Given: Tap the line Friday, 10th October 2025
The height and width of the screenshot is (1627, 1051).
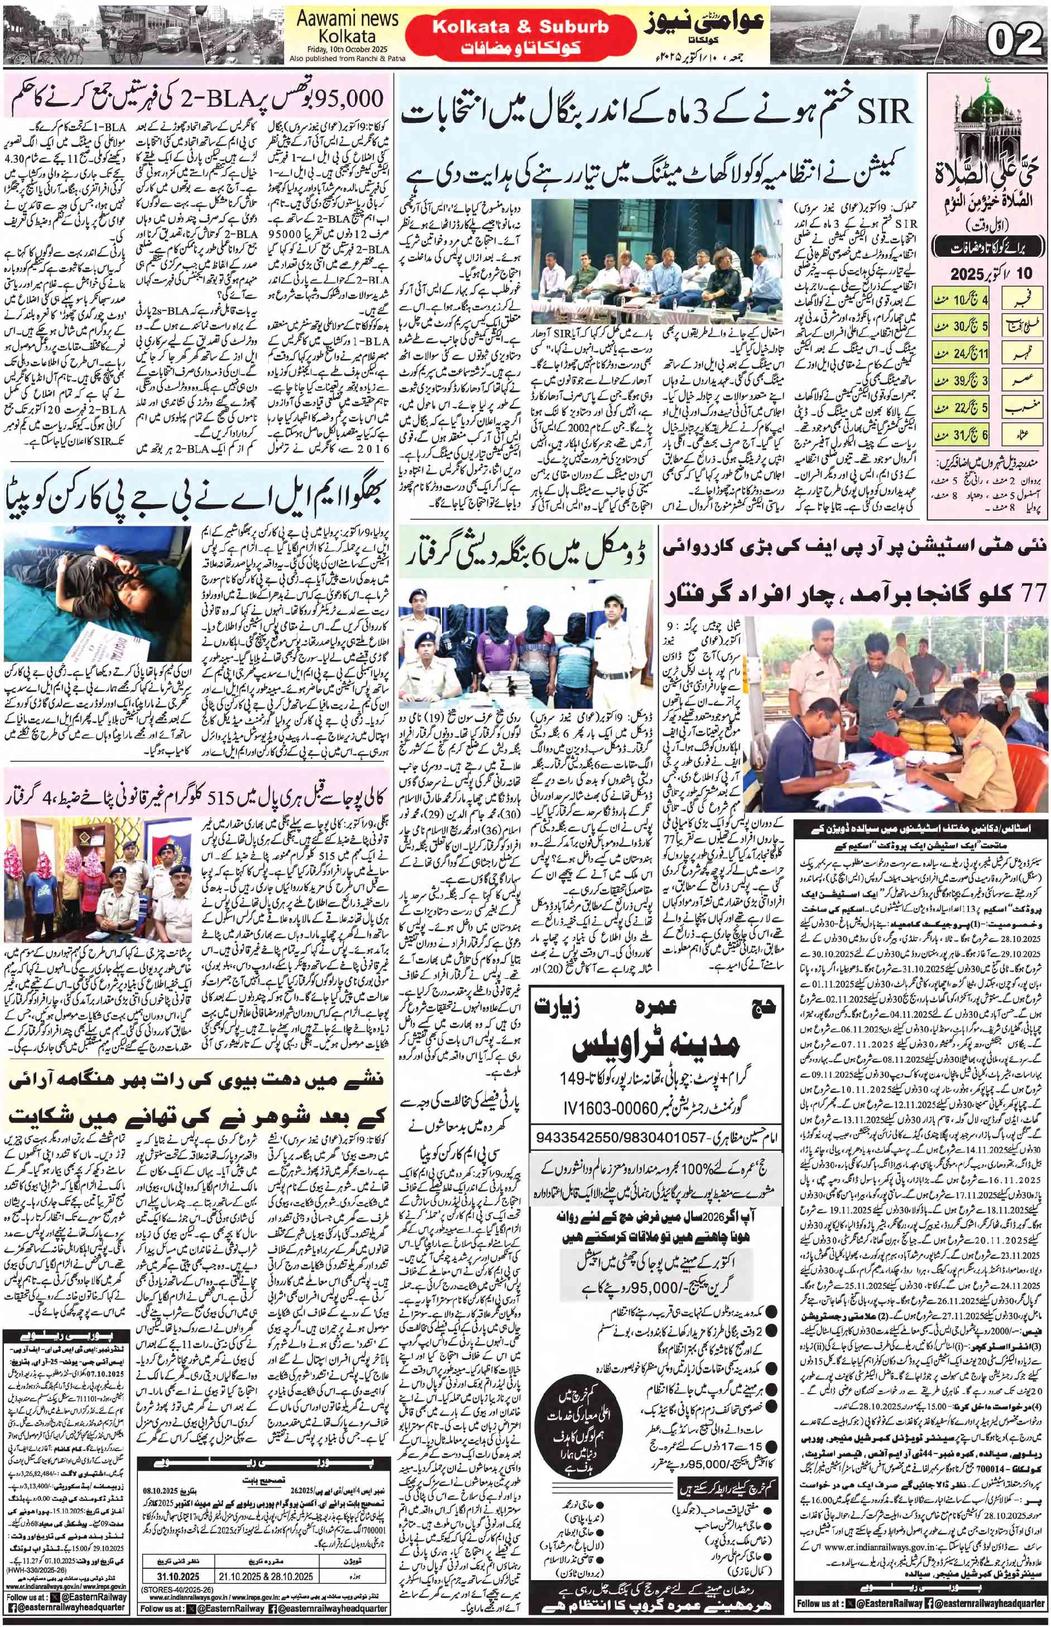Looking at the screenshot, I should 346,50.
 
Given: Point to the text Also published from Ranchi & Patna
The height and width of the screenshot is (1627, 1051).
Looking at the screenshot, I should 347,59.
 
